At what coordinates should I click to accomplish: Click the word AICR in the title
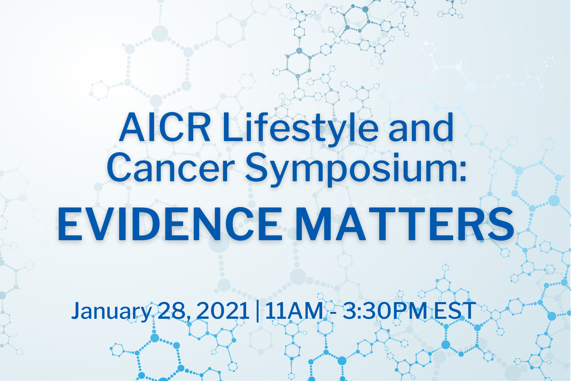(x=165, y=127)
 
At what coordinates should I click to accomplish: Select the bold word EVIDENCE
(x=170, y=224)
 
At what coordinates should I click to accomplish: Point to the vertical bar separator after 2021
(x=258, y=311)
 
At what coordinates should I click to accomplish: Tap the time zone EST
(x=455, y=311)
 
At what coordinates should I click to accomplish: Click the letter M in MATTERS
(x=316, y=224)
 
